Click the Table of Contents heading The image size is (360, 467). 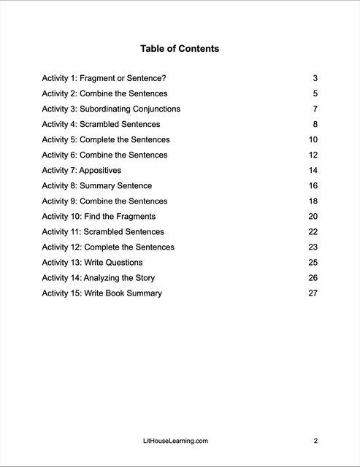tap(180, 49)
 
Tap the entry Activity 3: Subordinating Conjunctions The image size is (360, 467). tap(111, 109)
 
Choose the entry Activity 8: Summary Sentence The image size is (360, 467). tap(96, 186)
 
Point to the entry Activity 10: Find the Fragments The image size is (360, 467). tap(99, 217)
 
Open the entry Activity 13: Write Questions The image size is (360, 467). tap(92, 263)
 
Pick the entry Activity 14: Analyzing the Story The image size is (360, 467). tap(98, 278)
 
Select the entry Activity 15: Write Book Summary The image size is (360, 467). tap(102, 293)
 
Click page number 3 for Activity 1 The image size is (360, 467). tap(315, 78)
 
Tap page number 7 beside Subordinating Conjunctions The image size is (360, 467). tap(315, 109)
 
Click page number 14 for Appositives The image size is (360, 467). tap(313, 170)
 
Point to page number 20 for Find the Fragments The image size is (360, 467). tap(313, 217)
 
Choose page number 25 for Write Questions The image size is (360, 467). tap(313, 263)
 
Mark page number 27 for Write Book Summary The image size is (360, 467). tap(313, 293)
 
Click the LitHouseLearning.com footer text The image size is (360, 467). tap(179, 441)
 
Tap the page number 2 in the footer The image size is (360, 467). tap(315, 441)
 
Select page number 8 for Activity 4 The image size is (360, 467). tap(315, 124)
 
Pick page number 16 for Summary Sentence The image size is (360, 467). tap(313, 186)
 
